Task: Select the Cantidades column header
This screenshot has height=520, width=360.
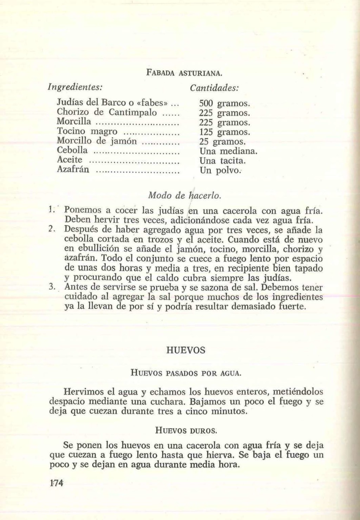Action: click(x=214, y=87)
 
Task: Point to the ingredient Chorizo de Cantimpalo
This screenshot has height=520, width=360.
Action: click(x=107, y=113)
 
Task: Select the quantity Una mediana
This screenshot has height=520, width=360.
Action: click(x=229, y=151)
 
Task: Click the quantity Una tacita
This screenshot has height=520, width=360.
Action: click(x=223, y=161)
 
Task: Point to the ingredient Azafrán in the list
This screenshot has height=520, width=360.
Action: click(x=73, y=170)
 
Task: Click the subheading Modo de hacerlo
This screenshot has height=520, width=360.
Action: click(x=185, y=195)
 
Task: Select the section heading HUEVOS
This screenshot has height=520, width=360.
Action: click(x=185, y=350)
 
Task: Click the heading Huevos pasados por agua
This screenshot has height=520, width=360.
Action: click(x=186, y=372)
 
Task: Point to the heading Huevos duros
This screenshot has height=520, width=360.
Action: click(x=186, y=430)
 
